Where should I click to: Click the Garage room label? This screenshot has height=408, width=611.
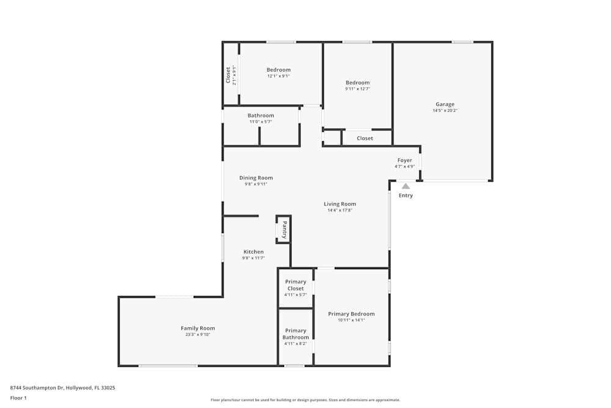point(445,104)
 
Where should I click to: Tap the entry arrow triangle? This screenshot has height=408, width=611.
point(406,186)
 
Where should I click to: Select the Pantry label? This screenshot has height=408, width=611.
point(284,230)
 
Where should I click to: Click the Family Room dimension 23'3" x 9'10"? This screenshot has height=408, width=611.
point(197,335)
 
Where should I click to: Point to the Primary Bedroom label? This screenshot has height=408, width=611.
point(351,314)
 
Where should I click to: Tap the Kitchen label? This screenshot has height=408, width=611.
point(254,251)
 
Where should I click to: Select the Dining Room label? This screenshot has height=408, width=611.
point(256,178)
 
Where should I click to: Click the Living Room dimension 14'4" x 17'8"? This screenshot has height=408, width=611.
point(340,210)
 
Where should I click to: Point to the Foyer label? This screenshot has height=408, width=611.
point(404,160)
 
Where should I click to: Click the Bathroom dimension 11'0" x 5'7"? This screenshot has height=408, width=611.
point(261,122)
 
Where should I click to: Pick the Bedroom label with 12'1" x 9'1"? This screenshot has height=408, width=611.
point(279,70)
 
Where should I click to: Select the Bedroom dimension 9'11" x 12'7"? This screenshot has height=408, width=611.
point(357,89)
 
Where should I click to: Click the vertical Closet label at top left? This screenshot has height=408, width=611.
point(228,75)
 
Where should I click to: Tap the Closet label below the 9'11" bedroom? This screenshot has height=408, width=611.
point(365,138)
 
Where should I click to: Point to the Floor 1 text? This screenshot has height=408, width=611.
point(18,398)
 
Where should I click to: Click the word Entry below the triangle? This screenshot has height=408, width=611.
point(406,196)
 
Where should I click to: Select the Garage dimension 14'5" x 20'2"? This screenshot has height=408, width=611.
point(445,111)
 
